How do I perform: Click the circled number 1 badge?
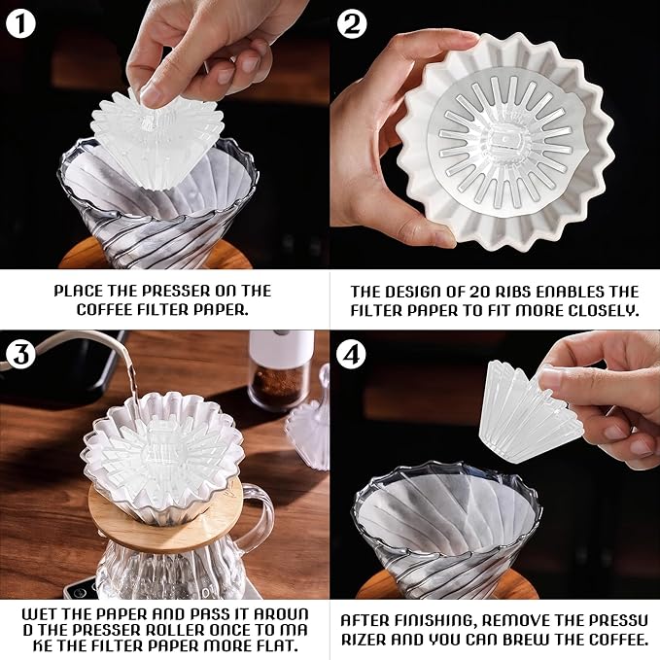(20, 24)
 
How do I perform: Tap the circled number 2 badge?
(352, 24)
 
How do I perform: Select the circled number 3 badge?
(20, 355)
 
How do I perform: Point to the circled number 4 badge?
(352, 355)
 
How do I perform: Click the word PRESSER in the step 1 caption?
(176, 291)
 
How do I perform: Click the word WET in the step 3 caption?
(38, 613)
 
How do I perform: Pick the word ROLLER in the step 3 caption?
(176, 630)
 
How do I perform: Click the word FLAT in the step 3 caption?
(278, 645)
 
